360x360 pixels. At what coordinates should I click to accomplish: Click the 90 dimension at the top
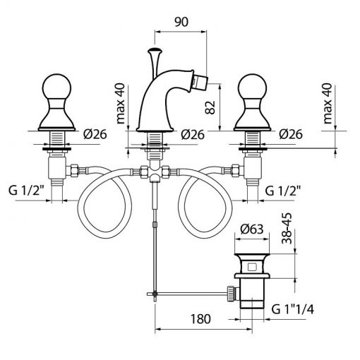coord(181,22)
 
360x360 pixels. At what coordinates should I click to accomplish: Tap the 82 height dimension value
coord(210,107)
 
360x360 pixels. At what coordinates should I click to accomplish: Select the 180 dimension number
coord(200,319)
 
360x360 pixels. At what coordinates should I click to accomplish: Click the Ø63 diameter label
coord(252,229)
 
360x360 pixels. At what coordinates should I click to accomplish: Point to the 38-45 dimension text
coord(287,228)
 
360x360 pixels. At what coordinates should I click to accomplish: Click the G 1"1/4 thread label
coord(293,309)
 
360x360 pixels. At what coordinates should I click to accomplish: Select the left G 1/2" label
coord(27,190)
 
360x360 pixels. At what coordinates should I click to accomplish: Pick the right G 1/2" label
coord(283,191)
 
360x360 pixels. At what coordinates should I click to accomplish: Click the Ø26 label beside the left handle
coord(95,134)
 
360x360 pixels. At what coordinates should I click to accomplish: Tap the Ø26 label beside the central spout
coord(193,135)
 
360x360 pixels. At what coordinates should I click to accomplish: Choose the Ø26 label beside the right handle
coord(291,134)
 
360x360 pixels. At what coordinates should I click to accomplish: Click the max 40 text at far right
coord(328,104)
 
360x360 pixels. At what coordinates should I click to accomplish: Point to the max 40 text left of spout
coord(121,104)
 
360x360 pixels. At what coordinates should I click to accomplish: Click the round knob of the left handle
coord(56,87)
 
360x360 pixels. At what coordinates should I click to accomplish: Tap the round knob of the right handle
coord(252,87)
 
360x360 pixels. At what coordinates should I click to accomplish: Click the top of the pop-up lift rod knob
coord(155,50)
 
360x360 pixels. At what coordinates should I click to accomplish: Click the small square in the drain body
coord(253,267)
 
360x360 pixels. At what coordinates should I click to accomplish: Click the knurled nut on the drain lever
coord(231,293)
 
